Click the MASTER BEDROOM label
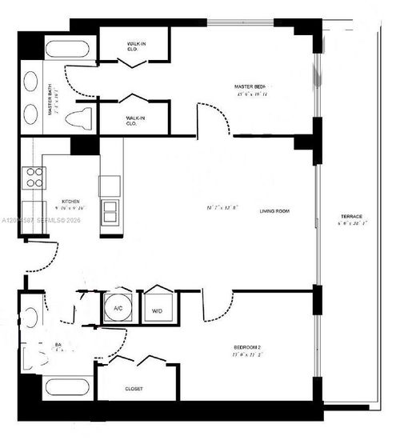coord(249,86)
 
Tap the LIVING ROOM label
coord(274,211)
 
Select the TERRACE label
coord(351,218)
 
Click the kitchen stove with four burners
coord(33,177)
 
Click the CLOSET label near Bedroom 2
coord(134,389)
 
